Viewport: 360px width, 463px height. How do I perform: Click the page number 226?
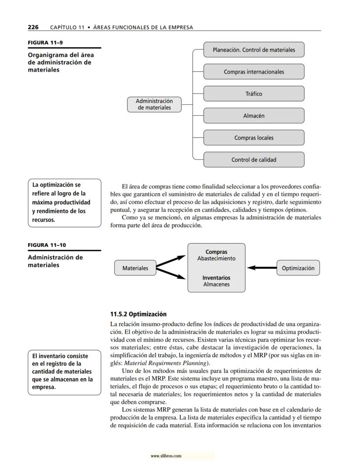pos(33,27)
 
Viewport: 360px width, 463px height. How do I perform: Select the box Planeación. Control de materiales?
pos(253,50)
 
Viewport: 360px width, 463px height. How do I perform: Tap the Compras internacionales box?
pos(253,72)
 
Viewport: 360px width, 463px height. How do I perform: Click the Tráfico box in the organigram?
pos(253,94)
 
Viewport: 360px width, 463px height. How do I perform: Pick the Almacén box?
pos(253,116)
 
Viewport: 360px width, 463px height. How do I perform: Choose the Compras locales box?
pos(253,138)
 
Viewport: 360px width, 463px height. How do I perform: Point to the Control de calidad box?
pos(253,160)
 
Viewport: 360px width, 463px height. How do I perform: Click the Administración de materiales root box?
pos(154,104)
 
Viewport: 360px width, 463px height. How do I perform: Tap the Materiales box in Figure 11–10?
pos(135,268)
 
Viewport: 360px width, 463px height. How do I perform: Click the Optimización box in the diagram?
pos(298,268)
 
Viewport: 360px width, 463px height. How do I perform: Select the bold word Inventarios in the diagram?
pos(216,278)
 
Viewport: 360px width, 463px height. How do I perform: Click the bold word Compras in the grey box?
pos(216,252)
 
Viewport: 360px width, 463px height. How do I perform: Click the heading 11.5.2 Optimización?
pos(138,314)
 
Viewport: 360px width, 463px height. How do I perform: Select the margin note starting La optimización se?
pos(64,202)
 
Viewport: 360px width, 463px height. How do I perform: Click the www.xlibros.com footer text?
pos(166,456)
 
